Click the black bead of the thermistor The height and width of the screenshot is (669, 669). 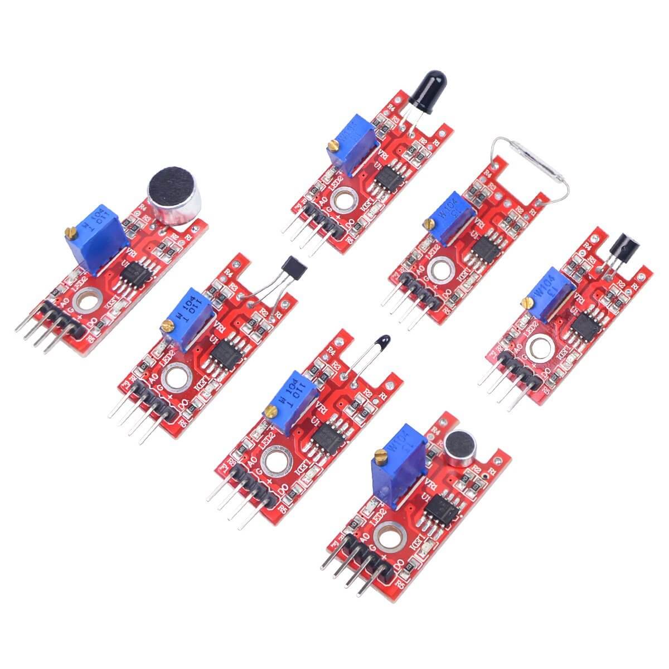click(x=383, y=341)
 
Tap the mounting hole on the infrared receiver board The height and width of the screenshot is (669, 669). click(x=539, y=348)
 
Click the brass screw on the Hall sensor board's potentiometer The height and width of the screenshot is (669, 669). click(x=166, y=324)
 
